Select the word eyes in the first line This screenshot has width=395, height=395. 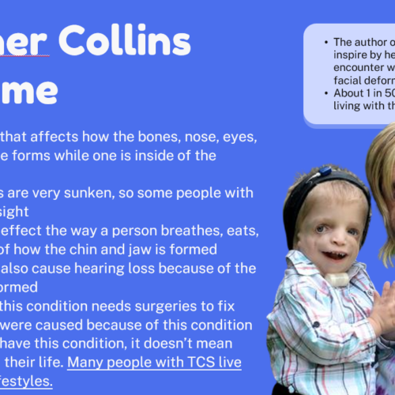click(x=236, y=137)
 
